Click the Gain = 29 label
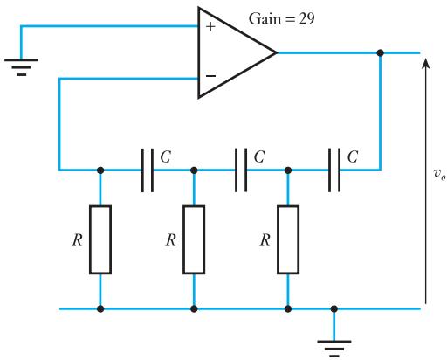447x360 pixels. click(x=281, y=19)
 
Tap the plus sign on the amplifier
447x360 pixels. click(x=210, y=27)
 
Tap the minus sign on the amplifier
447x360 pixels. click(x=210, y=76)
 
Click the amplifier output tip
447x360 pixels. click(x=277, y=52)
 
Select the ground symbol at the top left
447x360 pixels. click(x=21, y=67)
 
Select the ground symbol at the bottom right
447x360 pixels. click(x=334, y=349)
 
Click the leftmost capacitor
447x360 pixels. click(x=148, y=170)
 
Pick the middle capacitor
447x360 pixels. click(x=241, y=170)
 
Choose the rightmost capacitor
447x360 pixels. click(x=334, y=170)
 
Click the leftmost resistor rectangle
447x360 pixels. click(x=100, y=239)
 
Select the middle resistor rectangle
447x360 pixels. click(x=194, y=239)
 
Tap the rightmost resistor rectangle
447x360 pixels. click(x=288, y=239)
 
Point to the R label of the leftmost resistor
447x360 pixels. click(x=78, y=240)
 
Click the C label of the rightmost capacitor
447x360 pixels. click(x=353, y=156)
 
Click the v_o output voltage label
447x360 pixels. click(x=439, y=174)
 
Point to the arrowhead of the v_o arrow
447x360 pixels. click(x=426, y=63)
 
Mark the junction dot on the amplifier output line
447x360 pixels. click(x=380, y=52)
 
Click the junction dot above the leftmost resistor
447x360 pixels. click(x=100, y=170)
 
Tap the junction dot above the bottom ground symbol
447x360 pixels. click(x=334, y=308)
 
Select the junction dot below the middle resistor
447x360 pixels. click(x=194, y=308)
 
